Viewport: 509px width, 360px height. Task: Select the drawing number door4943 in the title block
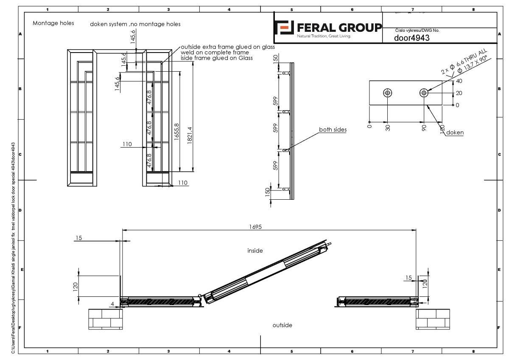coord(411,38)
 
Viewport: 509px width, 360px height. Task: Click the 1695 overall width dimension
coord(255,227)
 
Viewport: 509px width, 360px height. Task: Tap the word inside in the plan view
coord(255,251)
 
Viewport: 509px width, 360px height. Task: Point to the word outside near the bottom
coord(282,325)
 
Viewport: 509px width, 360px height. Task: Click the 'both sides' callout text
coord(333,130)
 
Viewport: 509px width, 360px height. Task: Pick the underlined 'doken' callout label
coord(455,133)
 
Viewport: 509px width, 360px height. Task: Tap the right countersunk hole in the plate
coord(424,93)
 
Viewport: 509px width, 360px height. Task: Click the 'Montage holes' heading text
coord(53,23)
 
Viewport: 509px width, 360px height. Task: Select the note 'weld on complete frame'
coord(215,53)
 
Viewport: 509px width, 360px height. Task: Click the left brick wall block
coord(106,319)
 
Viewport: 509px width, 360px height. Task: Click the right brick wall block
coord(433,319)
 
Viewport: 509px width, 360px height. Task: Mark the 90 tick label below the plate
coord(424,128)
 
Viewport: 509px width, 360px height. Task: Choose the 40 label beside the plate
coord(459,81)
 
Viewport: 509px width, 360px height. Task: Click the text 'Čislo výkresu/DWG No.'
coord(417,30)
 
